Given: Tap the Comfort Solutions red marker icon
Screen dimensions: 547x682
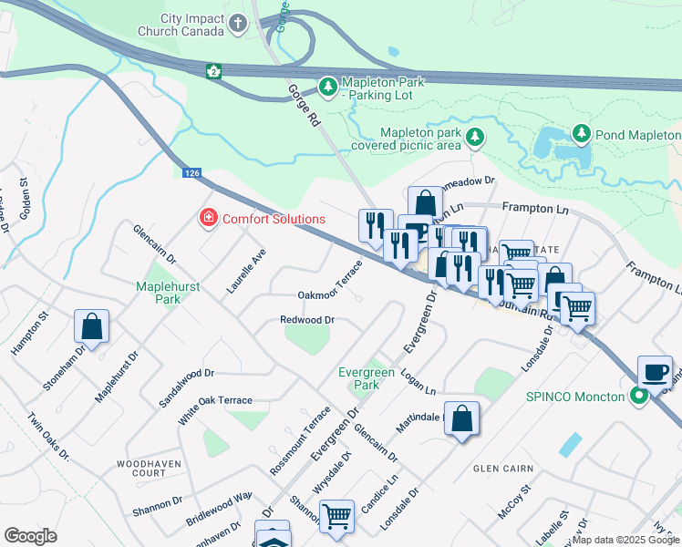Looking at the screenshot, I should coord(208,219).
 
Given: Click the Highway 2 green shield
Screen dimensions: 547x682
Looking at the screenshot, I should coord(213,71).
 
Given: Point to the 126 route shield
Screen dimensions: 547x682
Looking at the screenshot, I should coord(191,172).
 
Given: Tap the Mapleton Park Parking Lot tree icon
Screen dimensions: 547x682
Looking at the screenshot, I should coord(328,88).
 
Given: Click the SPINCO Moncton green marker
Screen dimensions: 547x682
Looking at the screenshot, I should coord(640,397).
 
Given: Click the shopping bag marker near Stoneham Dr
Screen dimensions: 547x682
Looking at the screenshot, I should coord(91,326).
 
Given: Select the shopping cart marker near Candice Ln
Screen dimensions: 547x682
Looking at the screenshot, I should coord(337,517).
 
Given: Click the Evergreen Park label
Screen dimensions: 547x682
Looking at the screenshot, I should coord(367,378).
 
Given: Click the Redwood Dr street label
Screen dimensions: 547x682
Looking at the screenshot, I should coord(307,320).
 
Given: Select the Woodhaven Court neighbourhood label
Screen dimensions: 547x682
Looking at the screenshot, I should coord(141,469).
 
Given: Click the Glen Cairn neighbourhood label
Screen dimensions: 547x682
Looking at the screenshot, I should coord(503,469).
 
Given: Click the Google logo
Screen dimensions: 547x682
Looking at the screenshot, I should coord(31,536).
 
